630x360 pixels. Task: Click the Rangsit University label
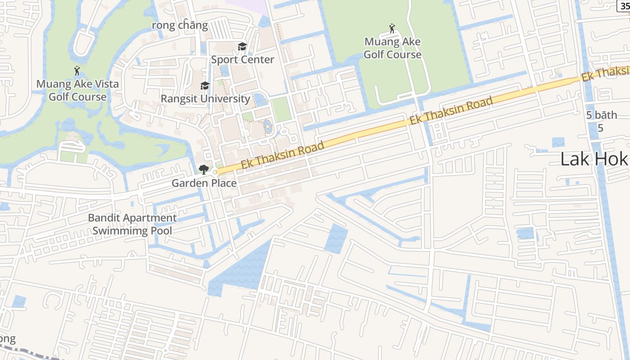pos(205,99)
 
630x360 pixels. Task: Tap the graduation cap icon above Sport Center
pos(243,47)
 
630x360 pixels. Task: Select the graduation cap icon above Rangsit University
pos(205,86)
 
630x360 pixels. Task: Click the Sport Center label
pos(243,59)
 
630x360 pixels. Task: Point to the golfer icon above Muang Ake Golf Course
pos(392,29)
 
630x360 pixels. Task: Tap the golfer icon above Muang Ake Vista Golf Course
pos(77,71)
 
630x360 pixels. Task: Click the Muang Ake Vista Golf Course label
pos(77,90)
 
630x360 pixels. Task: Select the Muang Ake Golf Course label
pos(392,48)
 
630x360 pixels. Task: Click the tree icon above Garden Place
pos(203,170)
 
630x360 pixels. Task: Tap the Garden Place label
pos(204,183)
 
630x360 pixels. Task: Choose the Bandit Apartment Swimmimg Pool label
pos(132,224)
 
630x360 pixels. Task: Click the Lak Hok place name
pos(594,159)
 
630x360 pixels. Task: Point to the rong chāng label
pos(180,25)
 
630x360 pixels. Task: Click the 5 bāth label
pos(602,115)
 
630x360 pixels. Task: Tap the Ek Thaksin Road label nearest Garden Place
pos(282,155)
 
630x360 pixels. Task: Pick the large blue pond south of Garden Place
pos(243,268)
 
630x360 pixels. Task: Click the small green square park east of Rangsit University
pos(281,109)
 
